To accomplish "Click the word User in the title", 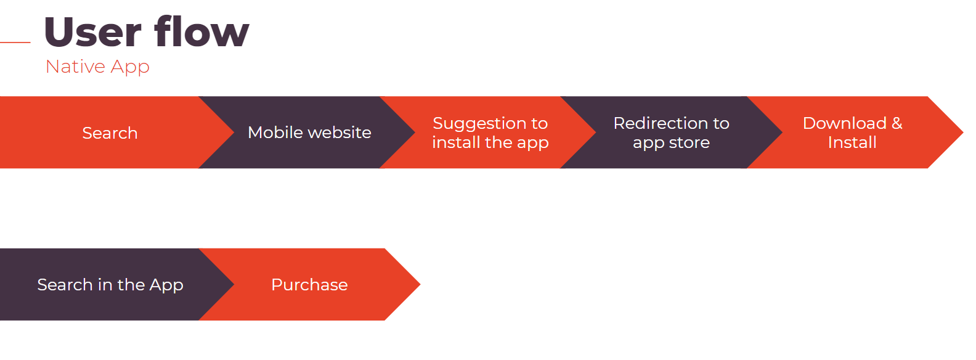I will [92, 32].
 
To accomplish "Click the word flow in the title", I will [201, 32].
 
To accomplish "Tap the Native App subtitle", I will [97, 67].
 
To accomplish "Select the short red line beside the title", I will [15, 43].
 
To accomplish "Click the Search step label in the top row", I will [110, 133].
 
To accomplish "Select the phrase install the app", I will [490, 142].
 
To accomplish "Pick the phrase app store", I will [671, 143].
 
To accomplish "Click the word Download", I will [844, 123].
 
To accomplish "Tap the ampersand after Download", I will [897, 123].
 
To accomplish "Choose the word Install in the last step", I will [852, 142].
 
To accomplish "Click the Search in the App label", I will [110, 285].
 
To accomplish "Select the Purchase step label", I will [309, 285].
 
